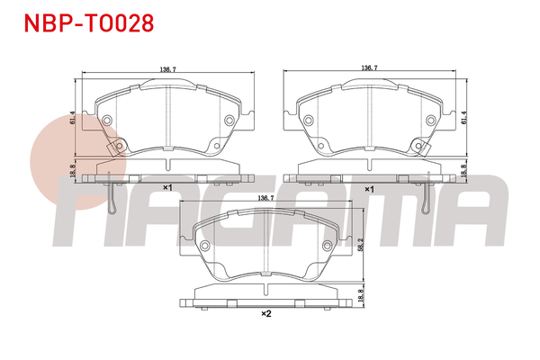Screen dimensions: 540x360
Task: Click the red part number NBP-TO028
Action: (x=89, y=23)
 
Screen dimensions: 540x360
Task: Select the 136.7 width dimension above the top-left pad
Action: (x=167, y=69)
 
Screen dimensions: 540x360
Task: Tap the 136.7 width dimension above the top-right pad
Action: (x=369, y=67)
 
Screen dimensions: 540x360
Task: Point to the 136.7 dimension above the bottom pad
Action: (x=265, y=198)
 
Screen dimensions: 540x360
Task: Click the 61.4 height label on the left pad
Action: (x=72, y=118)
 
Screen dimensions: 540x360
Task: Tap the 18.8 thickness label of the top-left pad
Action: (x=72, y=171)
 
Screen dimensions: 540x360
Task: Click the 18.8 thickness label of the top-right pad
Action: (x=463, y=171)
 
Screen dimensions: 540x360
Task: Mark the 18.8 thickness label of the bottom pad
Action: (x=361, y=295)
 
